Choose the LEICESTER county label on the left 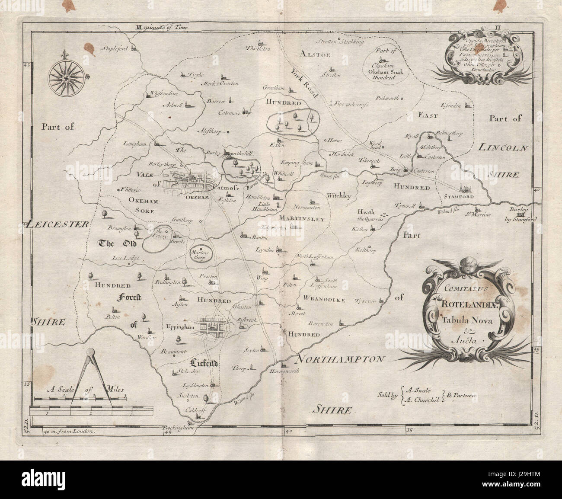[x=57, y=224]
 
